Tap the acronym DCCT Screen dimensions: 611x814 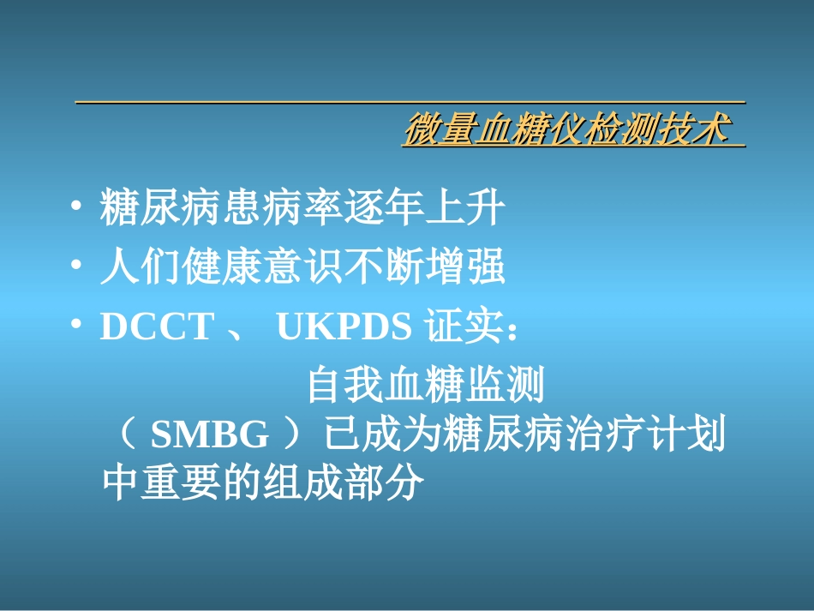click(x=156, y=326)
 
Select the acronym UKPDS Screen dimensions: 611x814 click(x=344, y=326)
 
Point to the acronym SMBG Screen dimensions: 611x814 click(x=210, y=436)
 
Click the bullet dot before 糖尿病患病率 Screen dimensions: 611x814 click(x=77, y=210)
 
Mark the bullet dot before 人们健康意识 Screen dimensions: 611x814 click(x=77, y=268)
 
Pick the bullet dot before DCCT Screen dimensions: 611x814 click(x=77, y=326)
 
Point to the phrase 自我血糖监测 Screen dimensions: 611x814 click(x=425, y=386)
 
